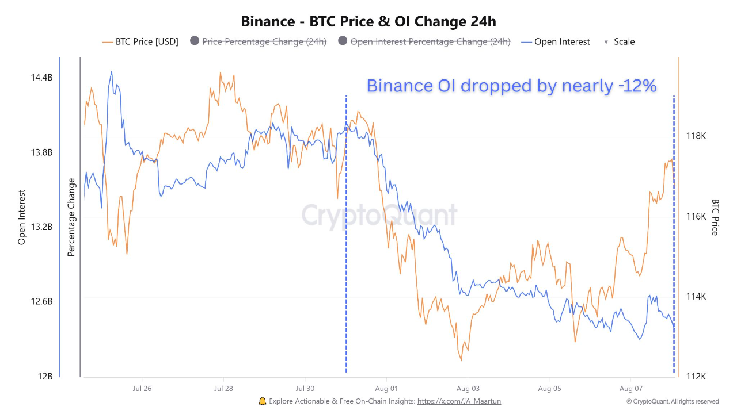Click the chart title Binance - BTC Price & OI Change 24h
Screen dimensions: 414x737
[x=368, y=21]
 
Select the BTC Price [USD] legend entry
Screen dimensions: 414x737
[x=140, y=41]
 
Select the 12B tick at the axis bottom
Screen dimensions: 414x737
[x=45, y=377]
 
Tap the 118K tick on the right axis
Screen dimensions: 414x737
[x=696, y=136]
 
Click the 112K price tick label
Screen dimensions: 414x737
[x=696, y=377]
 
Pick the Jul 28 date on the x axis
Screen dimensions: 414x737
[x=223, y=389]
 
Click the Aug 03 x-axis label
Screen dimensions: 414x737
[x=468, y=389]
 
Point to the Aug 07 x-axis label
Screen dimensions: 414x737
[x=631, y=389]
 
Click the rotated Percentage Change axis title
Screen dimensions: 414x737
[x=71, y=217]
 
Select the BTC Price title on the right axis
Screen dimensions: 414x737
[x=715, y=217]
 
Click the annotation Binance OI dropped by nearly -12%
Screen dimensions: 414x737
[x=511, y=86]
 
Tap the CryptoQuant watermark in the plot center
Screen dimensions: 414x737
[x=379, y=216]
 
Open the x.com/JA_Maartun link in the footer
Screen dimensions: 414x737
[x=459, y=401]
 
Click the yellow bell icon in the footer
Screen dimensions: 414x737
[x=263, y=401]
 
